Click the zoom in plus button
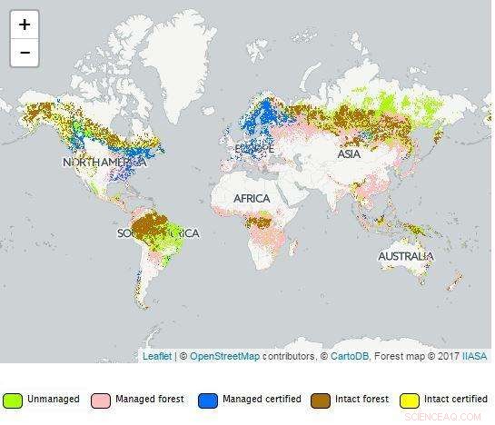[25, 25]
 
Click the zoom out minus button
[25, 52]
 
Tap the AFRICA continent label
[252, 198]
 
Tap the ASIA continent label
[349, 154]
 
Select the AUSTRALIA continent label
[406, 257]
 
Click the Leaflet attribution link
[157, 356]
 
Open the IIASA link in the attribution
[473, 356]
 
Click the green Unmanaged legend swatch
[13, 400]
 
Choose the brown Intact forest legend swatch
[321, 400]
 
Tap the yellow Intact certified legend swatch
[410, 400]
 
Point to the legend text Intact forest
[363, 400]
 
